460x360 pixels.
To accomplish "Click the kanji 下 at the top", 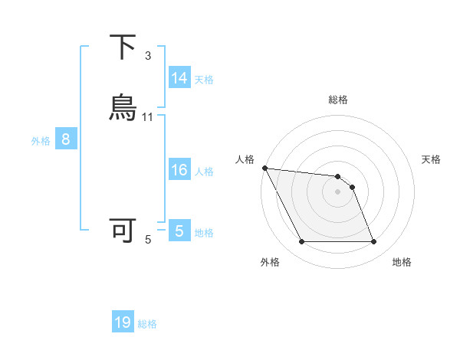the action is pos(123,47).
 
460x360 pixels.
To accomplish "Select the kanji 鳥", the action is pos(123,108).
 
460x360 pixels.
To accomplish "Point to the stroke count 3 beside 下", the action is pos(148,55).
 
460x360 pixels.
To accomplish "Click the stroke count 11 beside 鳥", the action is pos(148,116).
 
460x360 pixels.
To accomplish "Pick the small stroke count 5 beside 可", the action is pos(148,240).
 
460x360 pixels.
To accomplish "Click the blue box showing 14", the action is pos(179,78).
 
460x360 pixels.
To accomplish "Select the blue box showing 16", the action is pos(179,170).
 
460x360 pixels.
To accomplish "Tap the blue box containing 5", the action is pos(179,231).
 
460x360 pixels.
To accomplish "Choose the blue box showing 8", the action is pos(66,139).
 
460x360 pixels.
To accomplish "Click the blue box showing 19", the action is pos(123,322).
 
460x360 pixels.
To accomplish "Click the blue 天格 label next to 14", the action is pos(204,79).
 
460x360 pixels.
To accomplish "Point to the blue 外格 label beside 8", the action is pos(41,140).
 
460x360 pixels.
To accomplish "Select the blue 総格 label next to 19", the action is pos(147,323).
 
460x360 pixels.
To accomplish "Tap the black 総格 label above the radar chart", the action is pos(338,100).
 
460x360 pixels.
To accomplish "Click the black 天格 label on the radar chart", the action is pos(432,159).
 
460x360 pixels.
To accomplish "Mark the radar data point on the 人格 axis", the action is pos(264,168).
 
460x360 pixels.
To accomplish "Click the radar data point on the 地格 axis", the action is pos(374,242).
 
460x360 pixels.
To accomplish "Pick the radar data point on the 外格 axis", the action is pos(301,242).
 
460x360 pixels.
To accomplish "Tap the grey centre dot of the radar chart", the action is pos(338,191).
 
